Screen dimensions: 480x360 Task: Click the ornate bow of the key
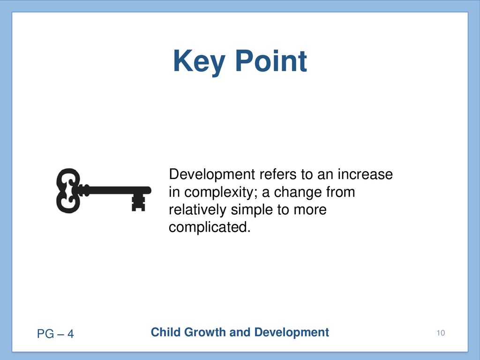(x=68, y=190)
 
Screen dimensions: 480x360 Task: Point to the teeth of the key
(x=138, y=202)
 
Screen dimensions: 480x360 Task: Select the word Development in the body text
(x=212, y=174)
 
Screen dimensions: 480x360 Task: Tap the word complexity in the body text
(x=220, y=193)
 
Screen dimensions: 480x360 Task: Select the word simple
(x=252, y=210)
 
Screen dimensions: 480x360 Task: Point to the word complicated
(x=210, y=227)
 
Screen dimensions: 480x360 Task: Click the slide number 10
(x=441, y=333)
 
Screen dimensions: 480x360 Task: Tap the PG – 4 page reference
(x=55, y=334)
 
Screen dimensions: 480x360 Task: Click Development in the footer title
(x=292, y=332)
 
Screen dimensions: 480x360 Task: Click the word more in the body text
(x=310, y=210)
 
